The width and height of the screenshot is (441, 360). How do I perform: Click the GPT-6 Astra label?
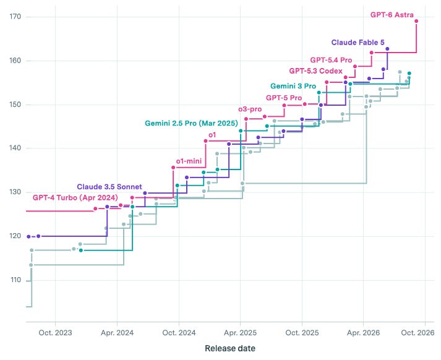pyautogui.click(x=392, y=15)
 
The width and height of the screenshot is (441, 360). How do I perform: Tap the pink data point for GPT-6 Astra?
pyautogui.click(x=416, y=21)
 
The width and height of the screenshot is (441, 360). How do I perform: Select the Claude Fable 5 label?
pyautogui.click(x=358, y=43)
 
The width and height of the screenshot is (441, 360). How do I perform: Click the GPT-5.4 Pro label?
pyautogui.click(x=331, y=60)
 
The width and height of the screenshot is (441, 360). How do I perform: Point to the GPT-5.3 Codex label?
pyautogui.click(x=316, y=71)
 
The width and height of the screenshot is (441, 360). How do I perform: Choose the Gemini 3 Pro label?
pyautogui.click(x=293, y=86)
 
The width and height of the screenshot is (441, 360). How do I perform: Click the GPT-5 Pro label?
pyautogui.click(x=284, y=98)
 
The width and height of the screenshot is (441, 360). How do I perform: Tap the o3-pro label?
pyautogui.click(x=250, y=109)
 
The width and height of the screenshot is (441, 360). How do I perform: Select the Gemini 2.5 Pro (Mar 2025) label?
pyautogui.click(x=191, y=123)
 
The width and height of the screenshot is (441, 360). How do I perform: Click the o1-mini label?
pyautogui.click(x=189, y=161)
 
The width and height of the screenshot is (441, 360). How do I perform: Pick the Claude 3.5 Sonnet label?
pyautogui.click(x=109, y=187)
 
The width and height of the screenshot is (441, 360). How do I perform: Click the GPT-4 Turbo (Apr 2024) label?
pyautogui.click(x=75, y=198)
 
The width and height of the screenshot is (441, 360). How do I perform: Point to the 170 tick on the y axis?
pyautogui.click(x=15, y=17)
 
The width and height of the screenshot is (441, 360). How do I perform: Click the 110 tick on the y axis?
pyautogui.click(x=15, y=280)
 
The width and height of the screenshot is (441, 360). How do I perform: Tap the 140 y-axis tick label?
pyautogui.click(x=15, y=148)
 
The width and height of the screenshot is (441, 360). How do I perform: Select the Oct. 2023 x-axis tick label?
pyautogui.click(x=56, y=333)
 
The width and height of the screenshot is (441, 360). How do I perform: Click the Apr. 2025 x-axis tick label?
pyautogui.click(x=240, y=333)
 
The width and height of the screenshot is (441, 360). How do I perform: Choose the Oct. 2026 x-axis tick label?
pyautogui.click(x=417, y=333)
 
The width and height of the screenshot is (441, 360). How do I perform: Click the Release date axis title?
pyautogui.click(x=230, y=348)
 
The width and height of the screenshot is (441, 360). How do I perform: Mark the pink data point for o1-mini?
pyautogui.click(x=173, y=168)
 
